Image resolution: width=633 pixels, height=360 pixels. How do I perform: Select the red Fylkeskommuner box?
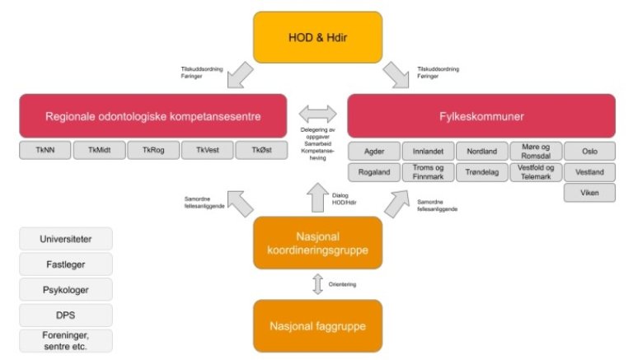tap(481, 116)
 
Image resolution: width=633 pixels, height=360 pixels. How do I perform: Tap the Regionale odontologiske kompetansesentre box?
tap(153, 116)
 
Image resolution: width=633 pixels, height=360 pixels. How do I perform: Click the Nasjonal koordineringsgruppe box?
tap(318, 243)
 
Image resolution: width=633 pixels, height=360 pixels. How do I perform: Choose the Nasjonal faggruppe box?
tap(318, 326)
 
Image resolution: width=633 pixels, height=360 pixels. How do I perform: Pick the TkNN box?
tap(45, 150)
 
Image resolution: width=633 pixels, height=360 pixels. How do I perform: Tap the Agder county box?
tap(373, 152)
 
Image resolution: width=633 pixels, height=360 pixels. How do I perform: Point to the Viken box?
tap(589, 193)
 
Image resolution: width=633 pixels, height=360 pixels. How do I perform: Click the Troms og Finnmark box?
tap(428, 172)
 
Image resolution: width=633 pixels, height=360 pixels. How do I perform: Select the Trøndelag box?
tap(481, 172)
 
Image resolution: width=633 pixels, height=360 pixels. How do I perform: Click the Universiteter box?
tap(65, 239)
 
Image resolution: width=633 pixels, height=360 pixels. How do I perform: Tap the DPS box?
tap(65, 315)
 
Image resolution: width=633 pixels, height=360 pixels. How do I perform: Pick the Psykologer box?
tap(65, 290)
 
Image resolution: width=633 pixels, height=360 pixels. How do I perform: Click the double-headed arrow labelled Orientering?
tap(318, 285)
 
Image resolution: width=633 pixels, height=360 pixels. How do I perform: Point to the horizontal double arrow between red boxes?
tap(317, 114)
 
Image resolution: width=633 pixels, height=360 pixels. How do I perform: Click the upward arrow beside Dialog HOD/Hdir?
tap(317, 197)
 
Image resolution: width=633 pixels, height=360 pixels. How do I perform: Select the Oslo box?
tap(589, 152)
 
